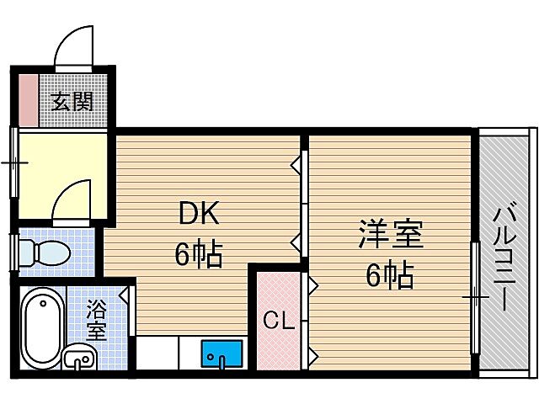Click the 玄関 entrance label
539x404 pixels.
pyautogui.click(x=72, y=102)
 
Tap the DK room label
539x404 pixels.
pyautogui.click(x=199, y=215)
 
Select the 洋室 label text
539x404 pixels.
pyautogui.click(x=390, y=236)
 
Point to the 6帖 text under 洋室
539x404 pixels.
pyautogui.click(x=390, y=275)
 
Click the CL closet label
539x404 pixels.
pyautogui.click(x=278, y=320)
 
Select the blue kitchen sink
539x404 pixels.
pyautogui.click(x=221, y=354)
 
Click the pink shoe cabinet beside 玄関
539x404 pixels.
pyautogui.click(x=26, y=101)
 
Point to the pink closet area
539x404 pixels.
pyautogui.click(x=278, y=295)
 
